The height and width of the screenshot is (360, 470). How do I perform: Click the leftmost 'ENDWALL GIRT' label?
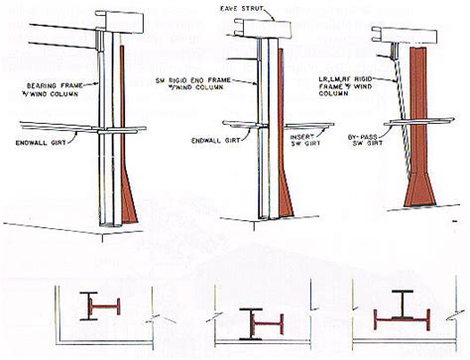pos(51,140)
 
